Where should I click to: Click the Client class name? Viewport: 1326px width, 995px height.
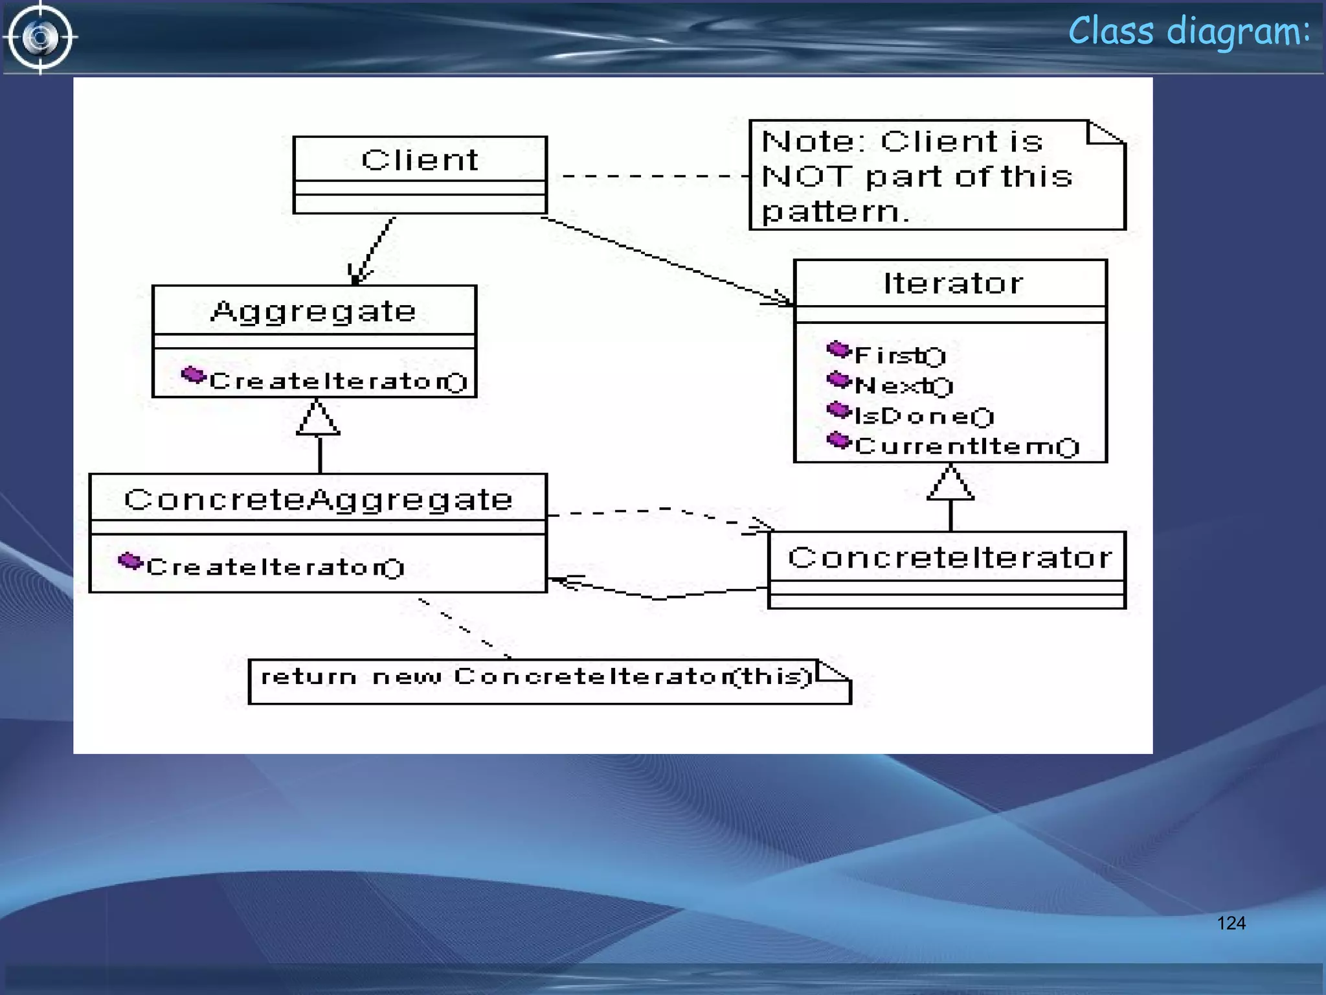tap(420, 160)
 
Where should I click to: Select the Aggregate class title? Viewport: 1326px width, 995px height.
tap(313, 312)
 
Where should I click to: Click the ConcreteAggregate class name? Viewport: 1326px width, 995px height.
tap(319, 499)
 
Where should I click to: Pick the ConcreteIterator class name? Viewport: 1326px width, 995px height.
tap(950, 558)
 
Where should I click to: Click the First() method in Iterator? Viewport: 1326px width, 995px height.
tap(900, 356)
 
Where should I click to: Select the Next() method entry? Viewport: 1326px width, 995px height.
tap(903, 386)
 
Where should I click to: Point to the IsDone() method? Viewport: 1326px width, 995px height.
tap(924, 416)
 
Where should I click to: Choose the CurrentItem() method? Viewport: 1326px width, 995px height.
tap(967, 446)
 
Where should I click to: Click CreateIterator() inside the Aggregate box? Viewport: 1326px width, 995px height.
tap(338, 382)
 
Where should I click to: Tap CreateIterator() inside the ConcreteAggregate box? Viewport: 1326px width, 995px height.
tap(275, 567)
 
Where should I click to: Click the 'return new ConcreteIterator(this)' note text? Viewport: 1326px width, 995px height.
tap(536, 677)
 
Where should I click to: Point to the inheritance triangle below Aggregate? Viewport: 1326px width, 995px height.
tap(319, 418)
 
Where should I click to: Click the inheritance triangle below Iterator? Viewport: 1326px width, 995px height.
tap(950, 484)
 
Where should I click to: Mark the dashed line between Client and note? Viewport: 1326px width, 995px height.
tap(654, 176)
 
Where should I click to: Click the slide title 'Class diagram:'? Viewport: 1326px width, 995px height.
tap(1189, 31)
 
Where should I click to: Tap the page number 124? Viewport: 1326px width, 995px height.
tap(1231, 923)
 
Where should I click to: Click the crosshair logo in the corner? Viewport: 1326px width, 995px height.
tap(40, 37)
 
